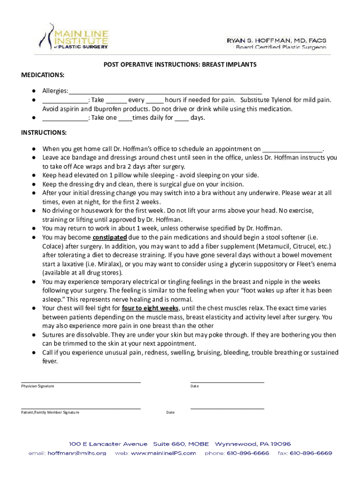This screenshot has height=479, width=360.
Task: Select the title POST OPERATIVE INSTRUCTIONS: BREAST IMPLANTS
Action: pyautogui.click(x=180, y=65)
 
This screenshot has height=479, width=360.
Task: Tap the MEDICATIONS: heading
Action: pyautogui.click(x=43, y=75)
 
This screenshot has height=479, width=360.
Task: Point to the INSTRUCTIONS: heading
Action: pyautogui.click(x=43, y=132)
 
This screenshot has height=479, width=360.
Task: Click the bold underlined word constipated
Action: pyautogui.click(x=109, y=237)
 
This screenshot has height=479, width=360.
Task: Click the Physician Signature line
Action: pyautogui.click(x=80, y=382)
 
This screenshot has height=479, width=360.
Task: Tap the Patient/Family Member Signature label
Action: pyautogui.click(x=50, y=412)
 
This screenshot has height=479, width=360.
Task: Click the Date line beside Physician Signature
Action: pyautogui.click(x=227, y=382)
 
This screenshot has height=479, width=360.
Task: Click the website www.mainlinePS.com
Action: pyautogui.click(x=156, y=453)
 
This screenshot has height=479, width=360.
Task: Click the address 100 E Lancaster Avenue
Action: pyautogui.click(x=108, y=444)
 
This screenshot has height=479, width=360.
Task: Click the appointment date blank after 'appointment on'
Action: pyautogui.click(x=293, y=149)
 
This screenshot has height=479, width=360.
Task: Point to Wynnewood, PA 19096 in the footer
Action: pyautogui.click(x=252, y=444)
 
